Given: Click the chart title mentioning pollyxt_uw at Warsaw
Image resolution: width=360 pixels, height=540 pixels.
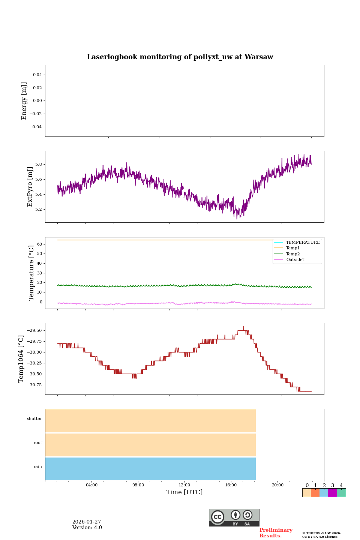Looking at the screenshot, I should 180,57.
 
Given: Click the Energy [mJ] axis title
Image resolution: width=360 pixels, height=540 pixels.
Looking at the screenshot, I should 24,101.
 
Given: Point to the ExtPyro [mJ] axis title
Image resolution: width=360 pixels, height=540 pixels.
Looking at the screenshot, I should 30,187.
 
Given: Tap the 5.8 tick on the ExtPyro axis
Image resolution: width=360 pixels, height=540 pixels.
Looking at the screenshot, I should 39,164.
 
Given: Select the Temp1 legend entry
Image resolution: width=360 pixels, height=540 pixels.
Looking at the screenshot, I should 292,248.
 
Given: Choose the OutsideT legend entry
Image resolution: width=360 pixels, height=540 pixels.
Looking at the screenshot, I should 295,259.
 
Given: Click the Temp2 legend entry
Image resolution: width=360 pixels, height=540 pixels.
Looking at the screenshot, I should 292,254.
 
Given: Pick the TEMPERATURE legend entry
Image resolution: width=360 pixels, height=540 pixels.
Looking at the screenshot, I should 303,243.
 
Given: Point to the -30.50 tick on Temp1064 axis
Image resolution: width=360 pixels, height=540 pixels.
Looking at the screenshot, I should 32,374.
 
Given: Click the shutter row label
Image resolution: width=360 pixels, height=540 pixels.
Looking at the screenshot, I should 34,419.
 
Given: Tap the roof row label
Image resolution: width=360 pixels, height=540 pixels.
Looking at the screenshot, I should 38,443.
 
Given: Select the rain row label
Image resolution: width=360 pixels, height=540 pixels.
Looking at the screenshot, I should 38,467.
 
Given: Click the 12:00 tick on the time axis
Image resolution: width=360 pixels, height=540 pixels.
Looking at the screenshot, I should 184,485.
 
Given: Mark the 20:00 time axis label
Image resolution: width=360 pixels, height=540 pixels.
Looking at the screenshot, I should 277,485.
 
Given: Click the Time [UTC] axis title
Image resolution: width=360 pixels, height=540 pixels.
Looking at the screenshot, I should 184,492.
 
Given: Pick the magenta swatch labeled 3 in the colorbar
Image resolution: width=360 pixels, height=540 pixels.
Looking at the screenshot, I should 332,493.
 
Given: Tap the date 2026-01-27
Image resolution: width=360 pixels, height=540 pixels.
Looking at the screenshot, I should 87,522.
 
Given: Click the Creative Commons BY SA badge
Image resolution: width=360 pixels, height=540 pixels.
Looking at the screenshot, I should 234,517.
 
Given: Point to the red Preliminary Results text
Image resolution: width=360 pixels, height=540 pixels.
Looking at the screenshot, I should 276,533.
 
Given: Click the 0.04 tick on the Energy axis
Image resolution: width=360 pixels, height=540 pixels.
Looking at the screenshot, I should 37,75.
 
